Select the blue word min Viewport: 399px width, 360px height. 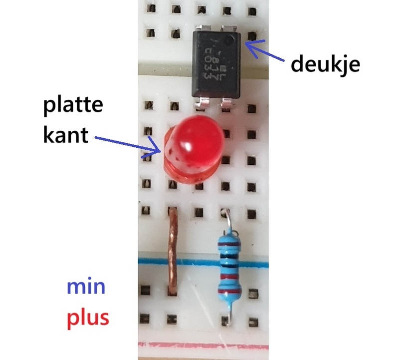(86, 288)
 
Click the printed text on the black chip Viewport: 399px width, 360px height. (213, 64)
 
